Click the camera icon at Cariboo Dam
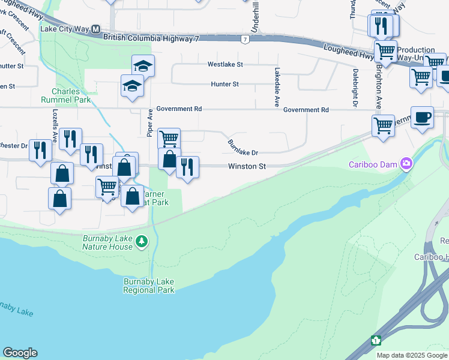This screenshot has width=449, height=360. click(406, 164)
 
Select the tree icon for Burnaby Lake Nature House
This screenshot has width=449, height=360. click(142, 241)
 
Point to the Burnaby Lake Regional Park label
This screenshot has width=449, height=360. click(149, 286)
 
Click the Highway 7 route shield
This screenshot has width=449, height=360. click(244, 40)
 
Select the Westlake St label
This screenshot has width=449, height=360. click(225, 64)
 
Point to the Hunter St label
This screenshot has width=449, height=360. click(225, 85)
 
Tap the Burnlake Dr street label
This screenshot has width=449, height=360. click(243, 148)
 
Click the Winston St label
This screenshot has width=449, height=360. click(246, 166)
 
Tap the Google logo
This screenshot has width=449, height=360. click(20, 353)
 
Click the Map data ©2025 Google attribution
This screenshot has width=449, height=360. click(411, 355)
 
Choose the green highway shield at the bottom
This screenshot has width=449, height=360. click(376, 340)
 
